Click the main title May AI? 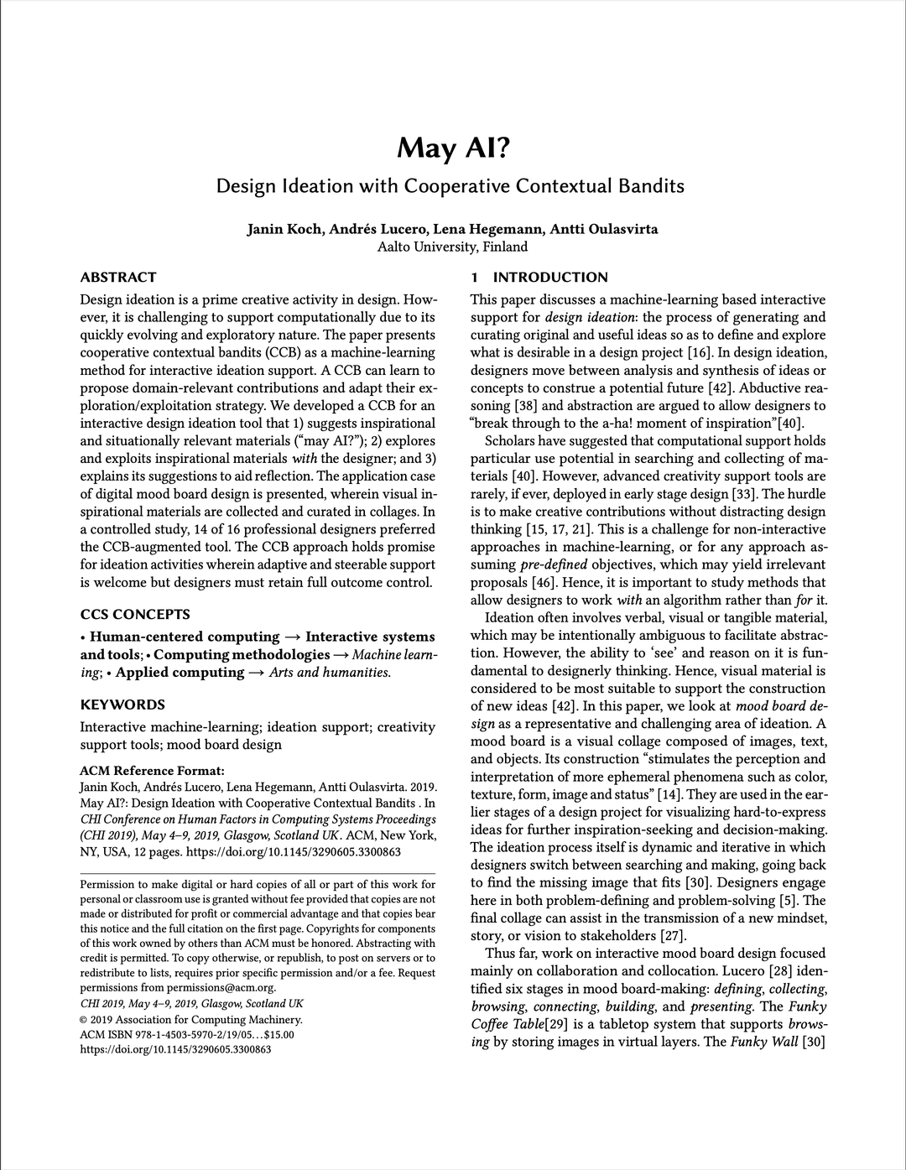point(452,148)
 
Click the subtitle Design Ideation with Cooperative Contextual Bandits point(450,185)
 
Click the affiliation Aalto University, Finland point(452,247)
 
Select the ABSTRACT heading point(118,277)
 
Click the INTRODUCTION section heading point(549,277)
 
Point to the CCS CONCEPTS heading point(135,614)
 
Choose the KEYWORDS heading point(122,705)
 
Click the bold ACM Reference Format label point(152,771)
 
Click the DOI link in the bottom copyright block point(175,1049)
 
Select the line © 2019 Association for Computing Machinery point(190,1019)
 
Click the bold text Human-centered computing point(185,637)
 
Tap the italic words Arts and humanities point(329,672)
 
